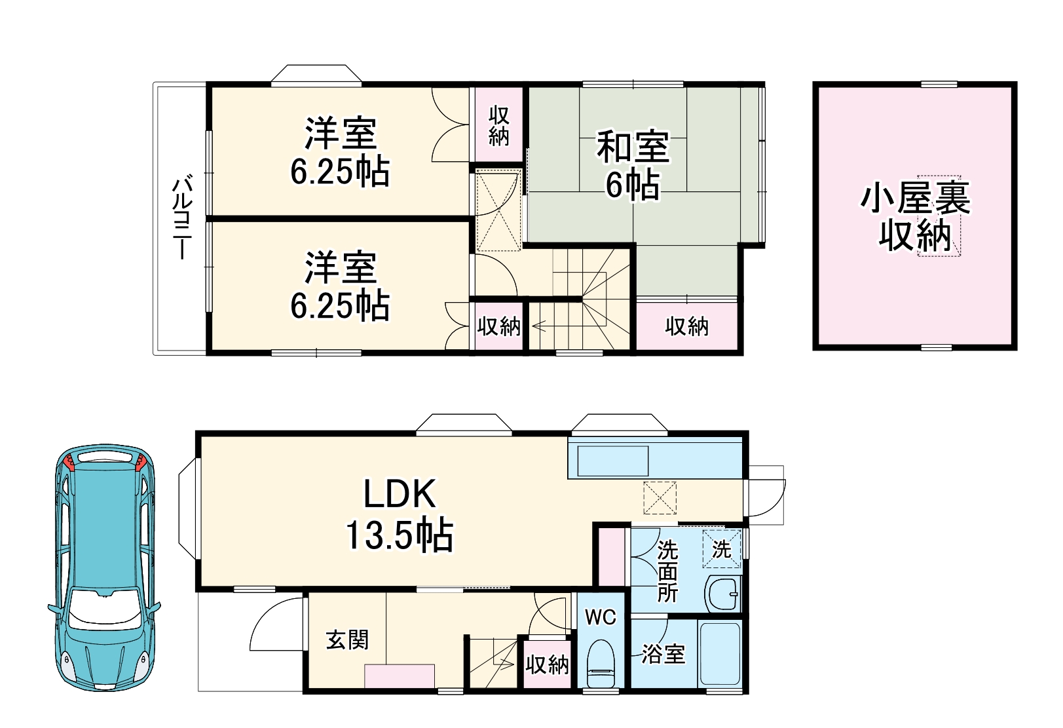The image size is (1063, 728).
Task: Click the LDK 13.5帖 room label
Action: click(399, 514)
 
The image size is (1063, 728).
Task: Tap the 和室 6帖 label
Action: click(632, 165)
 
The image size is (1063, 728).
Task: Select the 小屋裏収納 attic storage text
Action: click(915, 217)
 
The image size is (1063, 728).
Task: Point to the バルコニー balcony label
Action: click(181, 217)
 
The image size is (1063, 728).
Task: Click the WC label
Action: click(600, 617)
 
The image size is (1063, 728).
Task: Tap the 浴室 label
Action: click(663, 653)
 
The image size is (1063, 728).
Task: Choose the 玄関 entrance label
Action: click(347, 640)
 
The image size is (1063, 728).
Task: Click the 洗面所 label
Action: click(667, 571)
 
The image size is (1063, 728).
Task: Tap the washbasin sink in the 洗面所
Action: click(723, 594)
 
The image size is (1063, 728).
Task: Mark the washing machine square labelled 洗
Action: click(722, 548)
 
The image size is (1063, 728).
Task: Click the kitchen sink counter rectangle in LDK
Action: click(612, 461)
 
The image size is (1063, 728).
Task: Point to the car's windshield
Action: click(105, 606)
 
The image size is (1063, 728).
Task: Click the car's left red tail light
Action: click(69, 463)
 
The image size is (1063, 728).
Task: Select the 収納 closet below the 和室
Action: click(687, 326)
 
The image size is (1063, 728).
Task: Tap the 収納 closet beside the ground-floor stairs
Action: click(547, 664)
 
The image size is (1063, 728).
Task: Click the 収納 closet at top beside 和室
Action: click(498, 126)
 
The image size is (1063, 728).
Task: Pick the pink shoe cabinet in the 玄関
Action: click(400, 676)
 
